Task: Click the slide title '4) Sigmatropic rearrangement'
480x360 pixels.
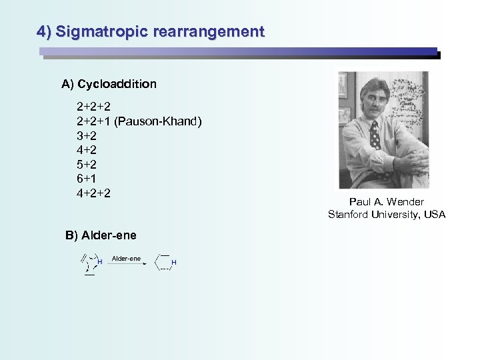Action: click(x=151, y=31)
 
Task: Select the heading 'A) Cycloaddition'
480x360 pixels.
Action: click(x=109, y=84)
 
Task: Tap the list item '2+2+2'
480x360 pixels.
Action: click(x=93, y=106)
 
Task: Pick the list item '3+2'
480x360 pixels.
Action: click(x=87, y=135)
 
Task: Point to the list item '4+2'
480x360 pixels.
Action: click(x=87, y=150)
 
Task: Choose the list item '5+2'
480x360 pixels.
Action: click(x=87, y=165)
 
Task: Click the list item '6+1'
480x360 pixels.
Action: click(x=87, y=179)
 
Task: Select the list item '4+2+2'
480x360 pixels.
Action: click(x=93, y=193)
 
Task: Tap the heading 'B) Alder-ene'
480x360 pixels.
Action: click(x=101, y=235)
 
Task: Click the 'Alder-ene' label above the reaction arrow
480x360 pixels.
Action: click(x=126, y=258)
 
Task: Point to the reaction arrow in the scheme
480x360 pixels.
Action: click(x=127, y=264)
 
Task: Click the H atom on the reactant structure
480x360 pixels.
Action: click(x=99, y=263)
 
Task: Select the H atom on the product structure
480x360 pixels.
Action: click(x=174, y=263)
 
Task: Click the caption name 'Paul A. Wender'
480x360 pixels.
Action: click(x=386, y=202)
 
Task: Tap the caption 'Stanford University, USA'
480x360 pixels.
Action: click(x=386, y=214)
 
